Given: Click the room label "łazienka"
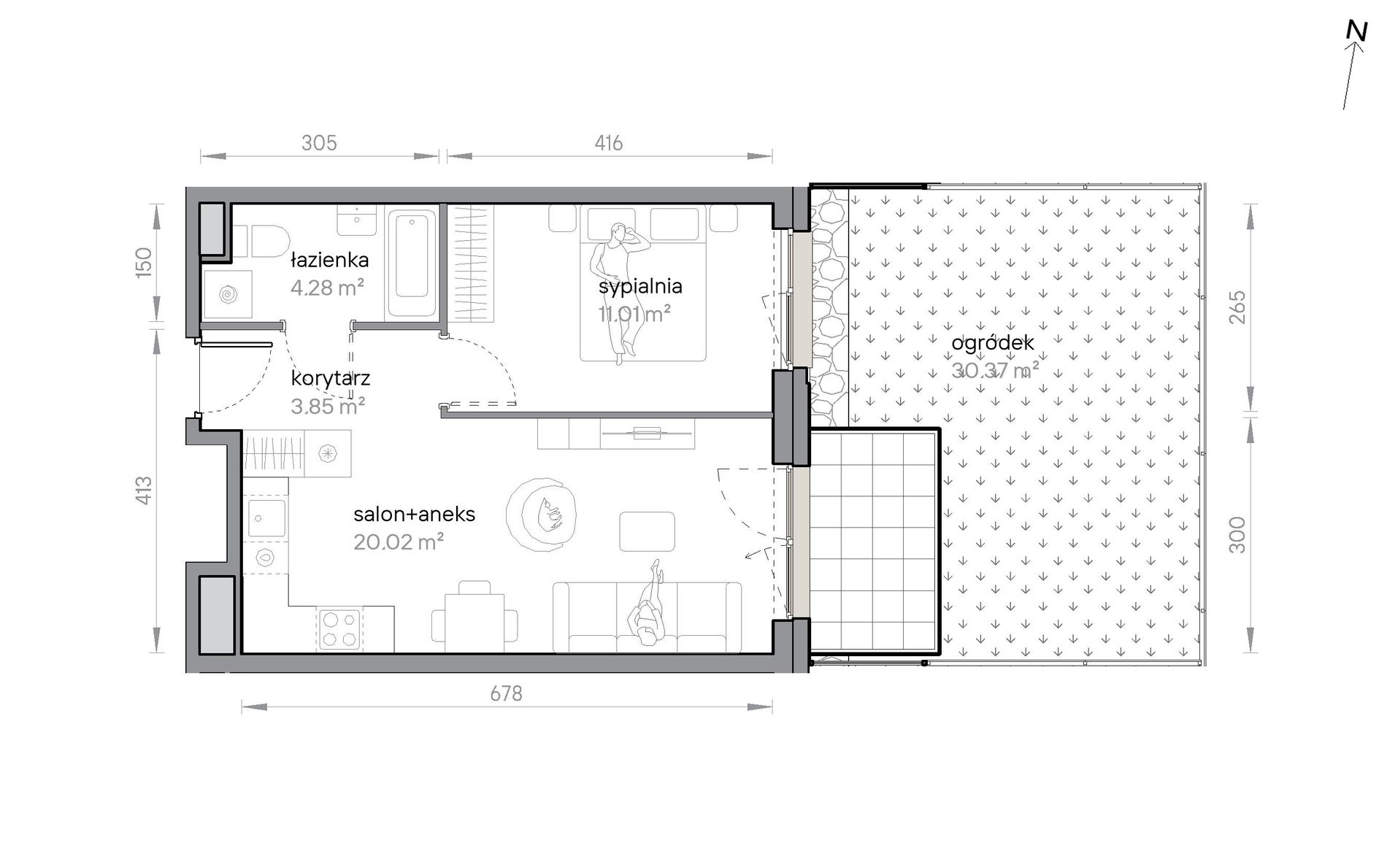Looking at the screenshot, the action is [329, 260].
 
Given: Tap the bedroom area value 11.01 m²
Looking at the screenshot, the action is [634, 314].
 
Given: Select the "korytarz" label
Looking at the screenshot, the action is [330, 379].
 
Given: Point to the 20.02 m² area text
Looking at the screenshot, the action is [399, 542].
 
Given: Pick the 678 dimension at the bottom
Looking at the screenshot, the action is [506, 693].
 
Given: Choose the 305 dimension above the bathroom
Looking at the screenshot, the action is [319, 143].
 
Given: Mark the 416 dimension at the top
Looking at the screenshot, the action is [608, 143].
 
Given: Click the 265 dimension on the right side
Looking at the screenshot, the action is [1237, 307].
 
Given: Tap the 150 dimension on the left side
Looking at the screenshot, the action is [144, 261].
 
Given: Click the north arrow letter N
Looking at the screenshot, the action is [1356, 32].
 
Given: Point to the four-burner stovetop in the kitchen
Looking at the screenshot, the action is [339, 629].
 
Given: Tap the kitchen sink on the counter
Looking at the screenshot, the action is [266, 518].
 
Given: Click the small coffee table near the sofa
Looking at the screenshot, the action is [647, 531].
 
